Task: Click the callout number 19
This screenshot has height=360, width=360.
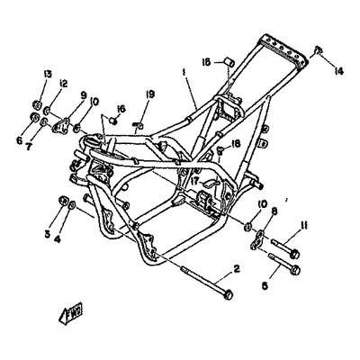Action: pyautogui.click(x=150, y=93)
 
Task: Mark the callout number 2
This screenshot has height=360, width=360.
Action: pyautogui.click(x=237, y=268)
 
